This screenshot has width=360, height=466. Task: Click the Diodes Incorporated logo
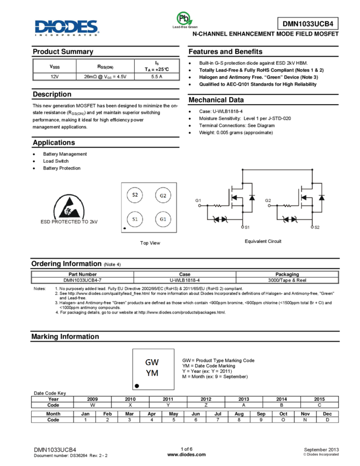coord(67,28)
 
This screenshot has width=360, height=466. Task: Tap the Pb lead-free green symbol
coord(185,20)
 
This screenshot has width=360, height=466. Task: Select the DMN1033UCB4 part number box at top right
coord(308,24)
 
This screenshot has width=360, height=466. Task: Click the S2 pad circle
coord(135,195)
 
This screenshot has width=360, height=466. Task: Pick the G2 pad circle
coord(163,195)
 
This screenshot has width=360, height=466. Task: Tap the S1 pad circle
coord(135,219)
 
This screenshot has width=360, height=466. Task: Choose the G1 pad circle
coord(163,219)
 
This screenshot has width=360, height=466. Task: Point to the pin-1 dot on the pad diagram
coord(125,228)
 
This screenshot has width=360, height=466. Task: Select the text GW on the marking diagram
coord(152,362)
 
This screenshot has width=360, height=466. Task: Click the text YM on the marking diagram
coord(152,373)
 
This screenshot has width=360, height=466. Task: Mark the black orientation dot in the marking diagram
coord(137,386)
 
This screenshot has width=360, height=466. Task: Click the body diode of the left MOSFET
coord(251,196)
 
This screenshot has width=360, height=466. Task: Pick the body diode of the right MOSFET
coord(321,196)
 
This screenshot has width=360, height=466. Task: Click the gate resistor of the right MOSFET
coord(286,207)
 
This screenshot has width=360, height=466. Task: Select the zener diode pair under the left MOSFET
coord(221,219)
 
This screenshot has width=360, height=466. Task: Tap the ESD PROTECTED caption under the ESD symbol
coord(70,222)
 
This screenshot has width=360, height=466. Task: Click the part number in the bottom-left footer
coord(55,450)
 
